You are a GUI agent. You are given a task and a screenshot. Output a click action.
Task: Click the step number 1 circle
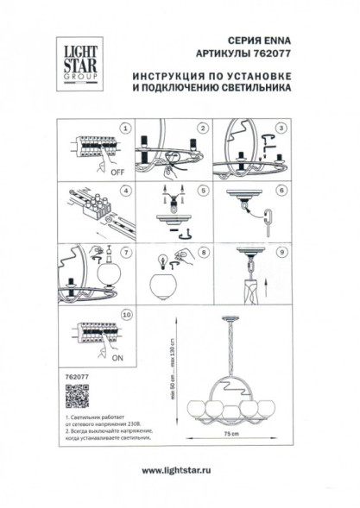coord(124,128)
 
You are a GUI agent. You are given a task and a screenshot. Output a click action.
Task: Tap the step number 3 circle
coord(280,128)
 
